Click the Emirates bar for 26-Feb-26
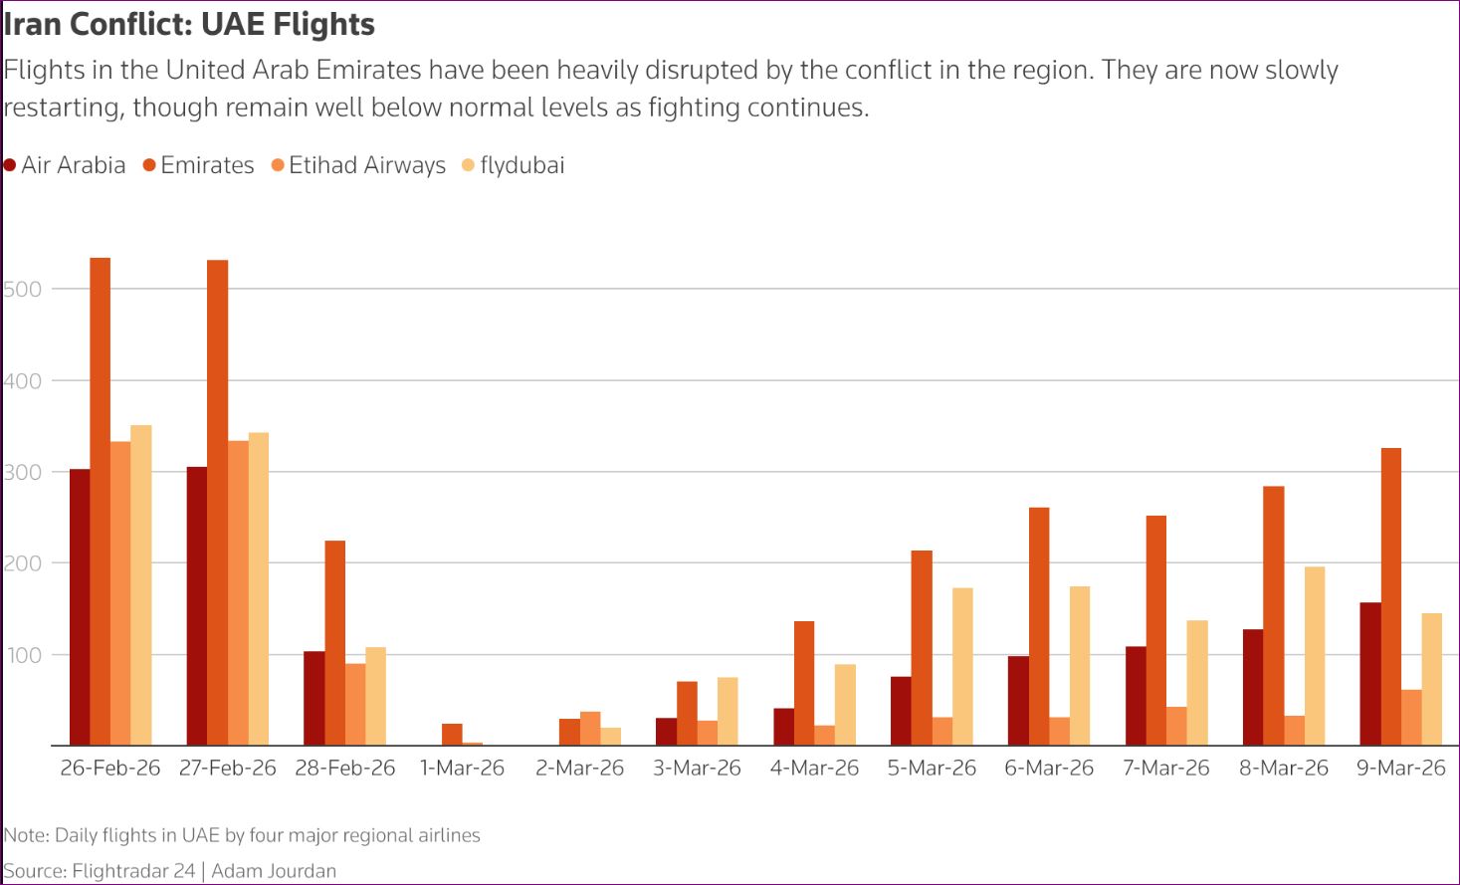click(100, 502)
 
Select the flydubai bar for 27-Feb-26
click(259, 589)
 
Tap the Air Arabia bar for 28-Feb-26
click(313, 698)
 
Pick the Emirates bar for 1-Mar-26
click(452, 735)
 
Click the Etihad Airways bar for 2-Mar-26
click(590, 729)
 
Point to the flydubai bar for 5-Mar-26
click(962, 667)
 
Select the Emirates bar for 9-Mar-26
click(1390, 596)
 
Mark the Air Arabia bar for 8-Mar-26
click(1253, 687)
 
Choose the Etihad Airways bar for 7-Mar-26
click(1176, 726)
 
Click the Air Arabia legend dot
click(10, 165)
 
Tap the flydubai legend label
click(521, 165)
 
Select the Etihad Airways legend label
click(366, 165)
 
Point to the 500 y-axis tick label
click(22, 290)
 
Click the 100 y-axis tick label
click(22, 655)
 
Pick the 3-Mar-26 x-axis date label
click(697, 769)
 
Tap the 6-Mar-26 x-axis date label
click(1049, 769)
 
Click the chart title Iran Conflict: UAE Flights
click(189, 24)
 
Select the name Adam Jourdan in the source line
click(274, 871)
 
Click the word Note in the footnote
click(24, 835)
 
